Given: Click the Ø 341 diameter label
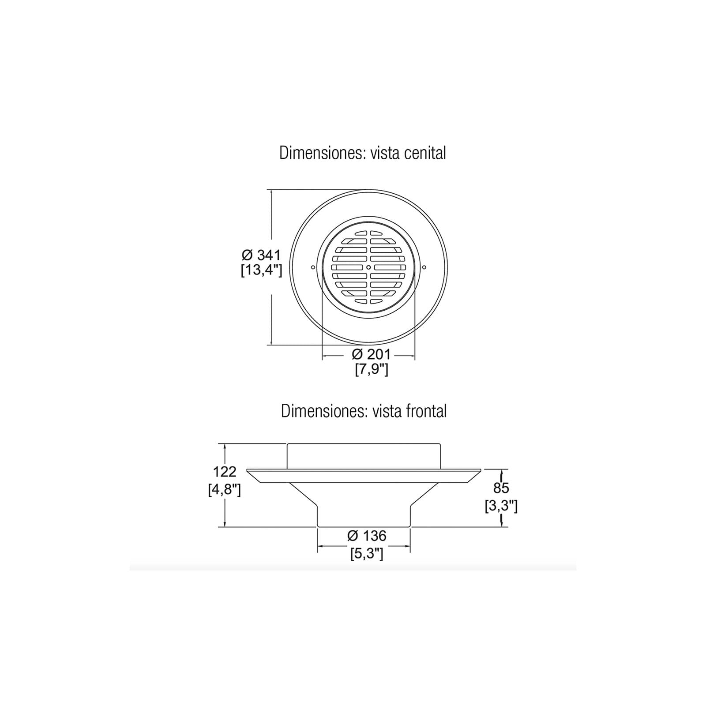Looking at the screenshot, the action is [261, 255].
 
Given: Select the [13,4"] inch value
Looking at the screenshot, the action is [261, 270].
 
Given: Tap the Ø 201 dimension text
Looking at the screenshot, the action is [371, 354].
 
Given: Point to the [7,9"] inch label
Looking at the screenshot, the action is [372, 369].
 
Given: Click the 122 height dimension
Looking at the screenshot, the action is [225, 472].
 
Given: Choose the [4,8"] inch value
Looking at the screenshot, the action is [225, 490].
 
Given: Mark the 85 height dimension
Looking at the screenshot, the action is [501, 488].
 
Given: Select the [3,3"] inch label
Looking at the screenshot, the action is [501, 506].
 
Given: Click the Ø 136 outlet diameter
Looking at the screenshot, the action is [367, 536].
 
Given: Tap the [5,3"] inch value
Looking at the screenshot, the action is [367, 553].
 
